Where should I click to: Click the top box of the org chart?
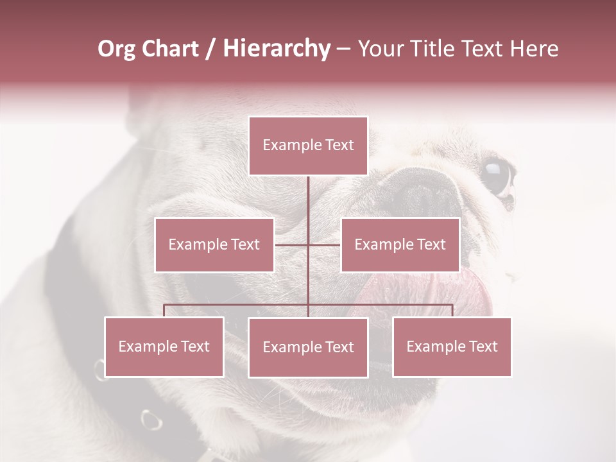point(308,146)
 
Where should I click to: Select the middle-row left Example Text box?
point(214,244)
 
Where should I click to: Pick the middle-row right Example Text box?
point(400,244)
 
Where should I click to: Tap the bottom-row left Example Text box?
point(164,346)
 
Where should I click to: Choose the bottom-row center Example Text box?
point(308,347)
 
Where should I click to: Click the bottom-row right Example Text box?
point(452,346)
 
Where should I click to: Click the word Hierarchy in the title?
point(277,49)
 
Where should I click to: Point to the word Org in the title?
point(116,49)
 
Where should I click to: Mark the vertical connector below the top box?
point(308,205)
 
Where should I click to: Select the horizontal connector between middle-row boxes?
point(308,244)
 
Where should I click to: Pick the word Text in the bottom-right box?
point(483,346)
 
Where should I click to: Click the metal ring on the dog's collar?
point(151,420)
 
